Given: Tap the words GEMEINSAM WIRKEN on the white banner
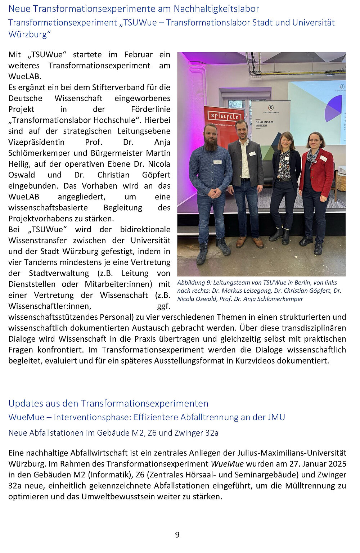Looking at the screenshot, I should (265, 124).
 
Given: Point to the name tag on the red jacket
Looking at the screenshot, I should (323, 158).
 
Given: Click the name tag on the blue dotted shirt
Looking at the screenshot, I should (217, 162).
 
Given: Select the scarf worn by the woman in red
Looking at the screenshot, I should (312, 156).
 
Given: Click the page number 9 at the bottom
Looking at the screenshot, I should (177, 535).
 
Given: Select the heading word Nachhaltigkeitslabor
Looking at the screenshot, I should (216, 9).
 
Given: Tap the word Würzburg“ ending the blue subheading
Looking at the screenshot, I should (30, 35).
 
